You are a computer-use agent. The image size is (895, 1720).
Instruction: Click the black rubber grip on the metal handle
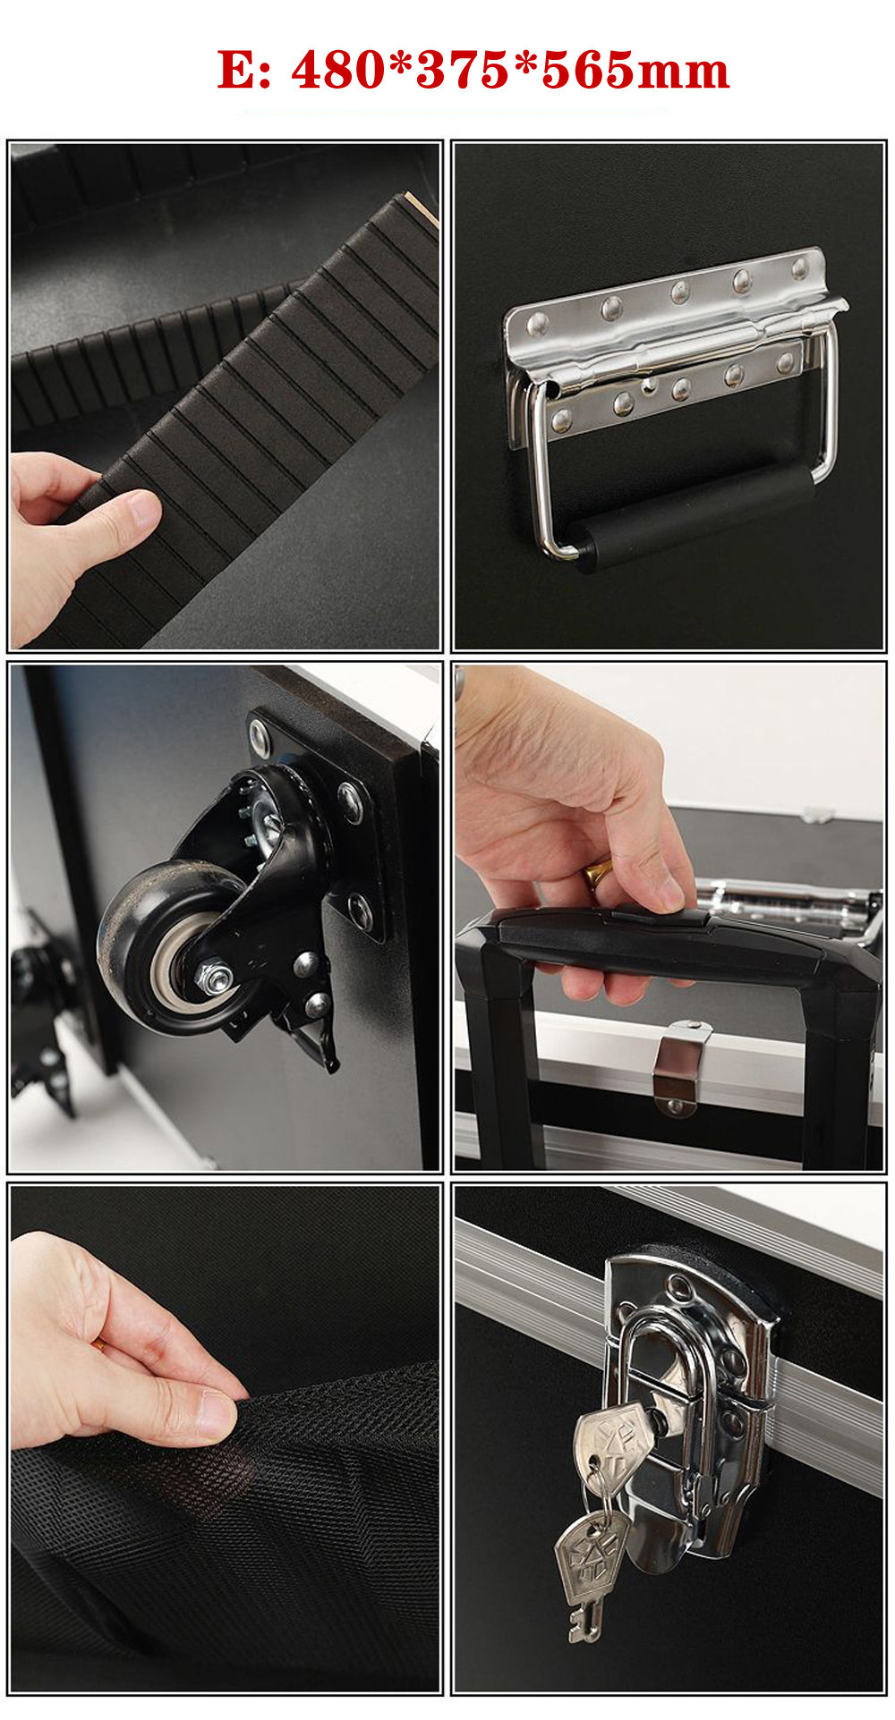694,518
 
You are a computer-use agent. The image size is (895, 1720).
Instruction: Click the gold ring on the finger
599,871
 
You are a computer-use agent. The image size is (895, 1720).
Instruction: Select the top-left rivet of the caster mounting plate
260,738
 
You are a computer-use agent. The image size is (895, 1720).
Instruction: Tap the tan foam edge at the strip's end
422,209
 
